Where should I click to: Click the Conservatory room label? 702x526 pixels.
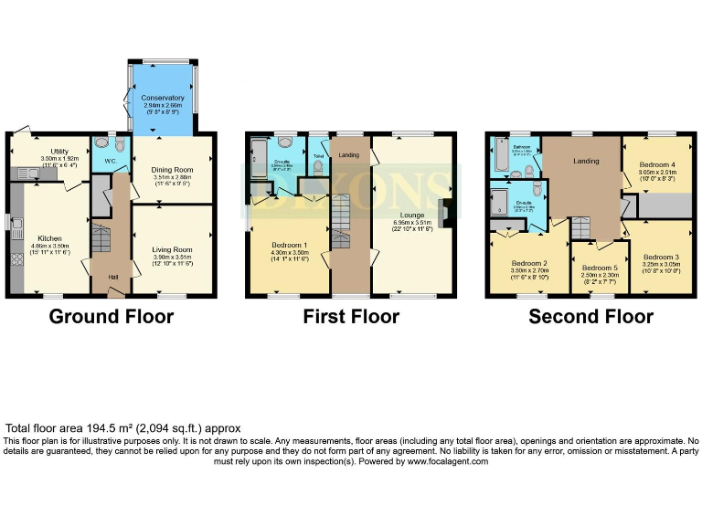(163, 98)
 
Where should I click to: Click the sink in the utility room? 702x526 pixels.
(25, 173)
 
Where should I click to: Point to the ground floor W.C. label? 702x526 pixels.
(111, 162)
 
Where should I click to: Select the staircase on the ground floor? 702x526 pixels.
(101, 242)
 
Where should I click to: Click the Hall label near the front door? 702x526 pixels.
(112, 278)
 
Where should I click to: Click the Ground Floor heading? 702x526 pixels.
(111, 317)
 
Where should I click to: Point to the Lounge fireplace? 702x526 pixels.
(444, 213)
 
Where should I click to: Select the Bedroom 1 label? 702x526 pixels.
(290, 245)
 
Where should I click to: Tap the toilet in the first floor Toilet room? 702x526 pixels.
(319, 145)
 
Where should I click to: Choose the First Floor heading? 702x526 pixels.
(352, 317)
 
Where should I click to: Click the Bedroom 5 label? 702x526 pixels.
(600, 268)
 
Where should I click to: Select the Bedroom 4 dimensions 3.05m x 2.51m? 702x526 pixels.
(656, 178)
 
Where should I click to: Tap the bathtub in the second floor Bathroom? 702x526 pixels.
(498, 157)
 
